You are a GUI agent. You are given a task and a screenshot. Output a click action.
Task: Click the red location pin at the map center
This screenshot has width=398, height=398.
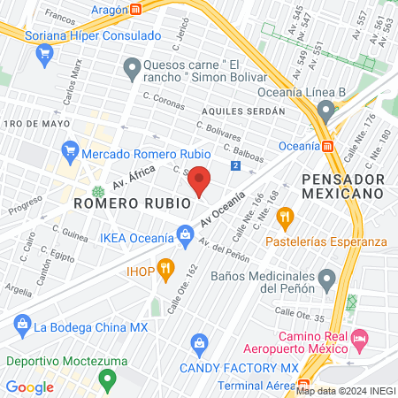click(199, 180)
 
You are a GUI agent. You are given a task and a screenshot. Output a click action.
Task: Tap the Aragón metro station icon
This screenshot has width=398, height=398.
click(136, 9)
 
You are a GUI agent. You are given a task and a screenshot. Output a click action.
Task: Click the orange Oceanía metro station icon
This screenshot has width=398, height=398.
click(327, 146)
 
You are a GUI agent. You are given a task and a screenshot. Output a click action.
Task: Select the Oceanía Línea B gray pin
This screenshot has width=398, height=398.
click(326, 111)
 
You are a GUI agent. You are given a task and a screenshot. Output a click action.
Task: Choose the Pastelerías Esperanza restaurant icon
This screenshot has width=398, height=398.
click(285, 216)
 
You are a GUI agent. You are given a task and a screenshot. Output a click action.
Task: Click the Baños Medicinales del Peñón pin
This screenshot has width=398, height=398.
click(327, 280)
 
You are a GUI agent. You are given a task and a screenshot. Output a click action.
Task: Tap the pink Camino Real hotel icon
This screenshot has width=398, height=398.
click(359, 337)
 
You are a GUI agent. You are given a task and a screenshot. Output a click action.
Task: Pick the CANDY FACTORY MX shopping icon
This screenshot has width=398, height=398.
click(199, 341)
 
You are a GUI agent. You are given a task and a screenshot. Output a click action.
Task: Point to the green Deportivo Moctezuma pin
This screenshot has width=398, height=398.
click(108, 381)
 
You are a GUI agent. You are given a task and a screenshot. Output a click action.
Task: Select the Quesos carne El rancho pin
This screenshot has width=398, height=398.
click(132, 67)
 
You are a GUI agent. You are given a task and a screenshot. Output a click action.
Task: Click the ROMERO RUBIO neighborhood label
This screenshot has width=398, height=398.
click(133, 203)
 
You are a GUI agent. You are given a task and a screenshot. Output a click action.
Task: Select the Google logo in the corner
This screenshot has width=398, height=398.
click(30, 387)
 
